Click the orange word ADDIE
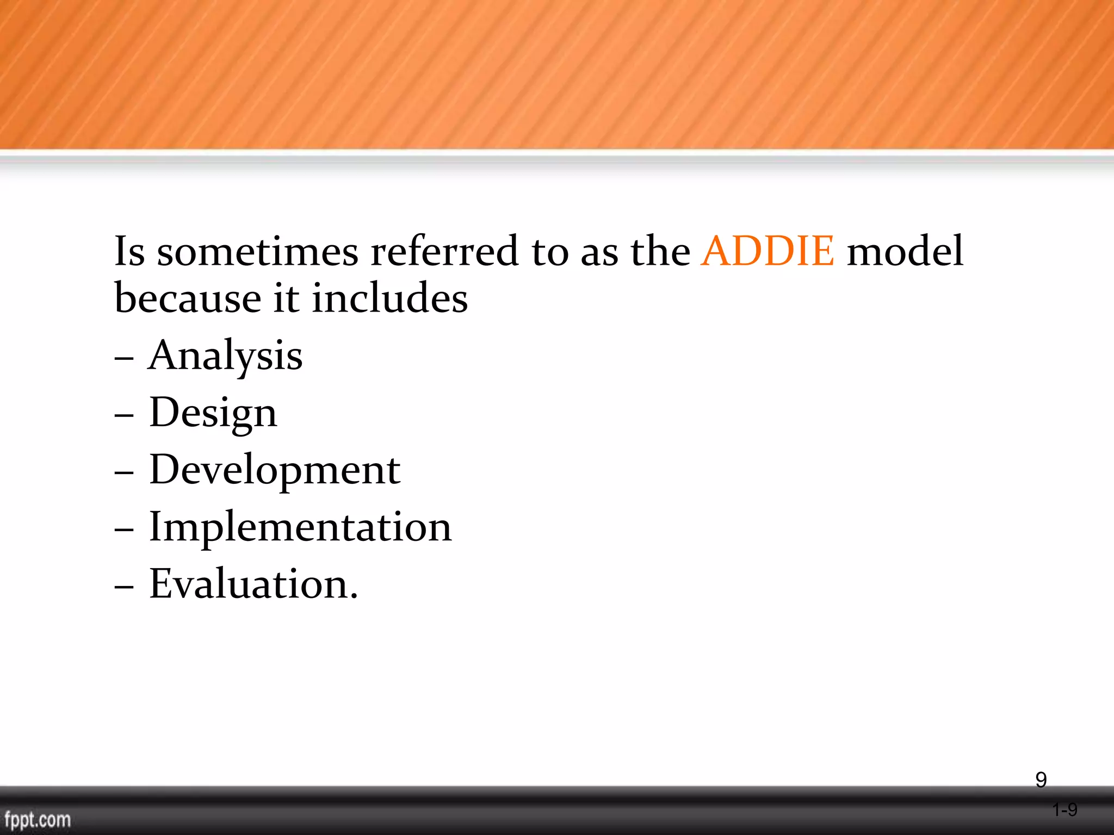click(768, 251)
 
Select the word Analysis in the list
click(225, 356)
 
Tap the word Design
click(213, 413)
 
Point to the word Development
click(275, 470)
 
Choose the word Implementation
click(300, 527)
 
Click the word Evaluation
click(253, 584)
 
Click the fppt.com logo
click(38, 819)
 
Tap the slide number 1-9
click(1065, 810)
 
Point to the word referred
click(444, 251)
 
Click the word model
click(905, 251)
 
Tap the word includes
click(389, 298)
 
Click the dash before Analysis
click(124, 359)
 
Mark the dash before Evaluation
click(124, 588)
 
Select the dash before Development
click(124, 473)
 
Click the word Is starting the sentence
click(129, 251)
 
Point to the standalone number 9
click(1041, 780)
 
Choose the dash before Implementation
click(124, 531)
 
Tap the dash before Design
click(124, 416)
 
